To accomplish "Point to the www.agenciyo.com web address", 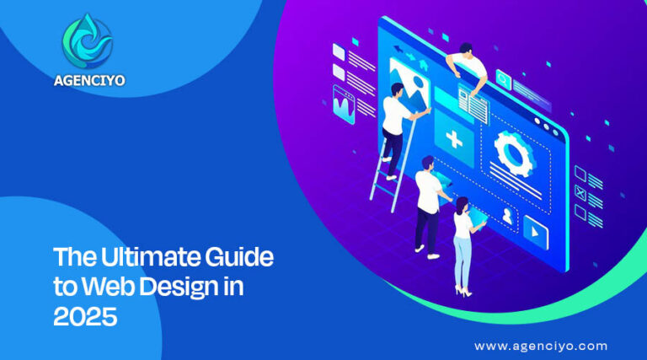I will pos(540,346).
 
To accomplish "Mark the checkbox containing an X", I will pos(580,192).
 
